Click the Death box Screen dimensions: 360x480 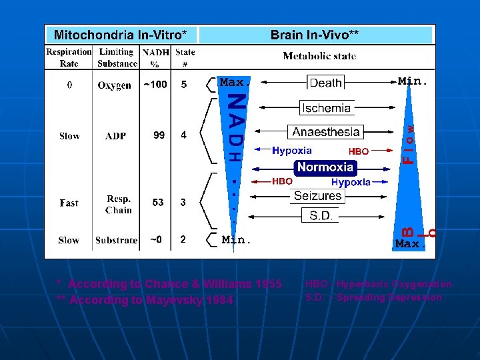pos(326,83)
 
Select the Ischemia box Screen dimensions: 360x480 pos(326,107)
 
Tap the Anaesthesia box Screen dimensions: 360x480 pos(326,132)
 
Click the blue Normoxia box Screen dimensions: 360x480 pos(325,167)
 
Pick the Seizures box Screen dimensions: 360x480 pos(318,195)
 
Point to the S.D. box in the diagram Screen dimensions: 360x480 pos(321,215)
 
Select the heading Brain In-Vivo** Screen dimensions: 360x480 pos(317,35)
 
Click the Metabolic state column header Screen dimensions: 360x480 pos(319,56)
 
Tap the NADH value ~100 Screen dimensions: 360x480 pos(155,85)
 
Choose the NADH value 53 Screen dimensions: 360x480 pos(158,203)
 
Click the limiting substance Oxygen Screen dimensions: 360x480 pos(115,85)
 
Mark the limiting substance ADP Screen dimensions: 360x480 pos(115,136)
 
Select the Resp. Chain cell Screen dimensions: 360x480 pos(118,204)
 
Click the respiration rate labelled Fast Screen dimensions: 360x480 pos(69,203)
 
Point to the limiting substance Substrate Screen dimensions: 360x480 pos(116,240)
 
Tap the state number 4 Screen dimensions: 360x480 pos(184,135)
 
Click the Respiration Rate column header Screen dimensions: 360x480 pos(69,57)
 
